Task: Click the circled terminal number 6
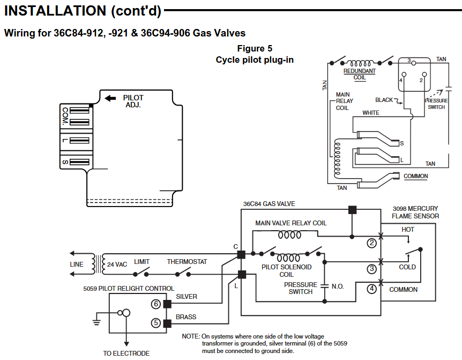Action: click(156, 304)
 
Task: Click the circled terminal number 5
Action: click(156, 323)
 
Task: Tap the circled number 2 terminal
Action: click(371, 243)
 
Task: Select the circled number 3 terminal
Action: click(371, 268)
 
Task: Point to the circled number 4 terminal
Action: click(371, 289)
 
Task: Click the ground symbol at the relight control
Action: click(97, 322)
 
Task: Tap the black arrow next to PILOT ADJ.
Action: click(110, 98)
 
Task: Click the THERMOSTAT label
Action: click(187, 262)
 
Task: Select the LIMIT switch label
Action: click(142, 262)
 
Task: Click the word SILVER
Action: click(187, 297)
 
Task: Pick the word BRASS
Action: click(186, 317)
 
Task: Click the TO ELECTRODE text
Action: click(126, 354)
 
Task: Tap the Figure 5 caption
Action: click(255, 49)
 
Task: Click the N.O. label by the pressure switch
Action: click(338, 286)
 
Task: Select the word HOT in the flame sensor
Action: click(408, 230)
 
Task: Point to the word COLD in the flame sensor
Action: click(407, 267)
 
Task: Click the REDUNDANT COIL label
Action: click(359, 74)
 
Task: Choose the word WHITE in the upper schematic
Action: click(371, 113)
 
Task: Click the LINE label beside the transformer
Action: click(77, 265)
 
